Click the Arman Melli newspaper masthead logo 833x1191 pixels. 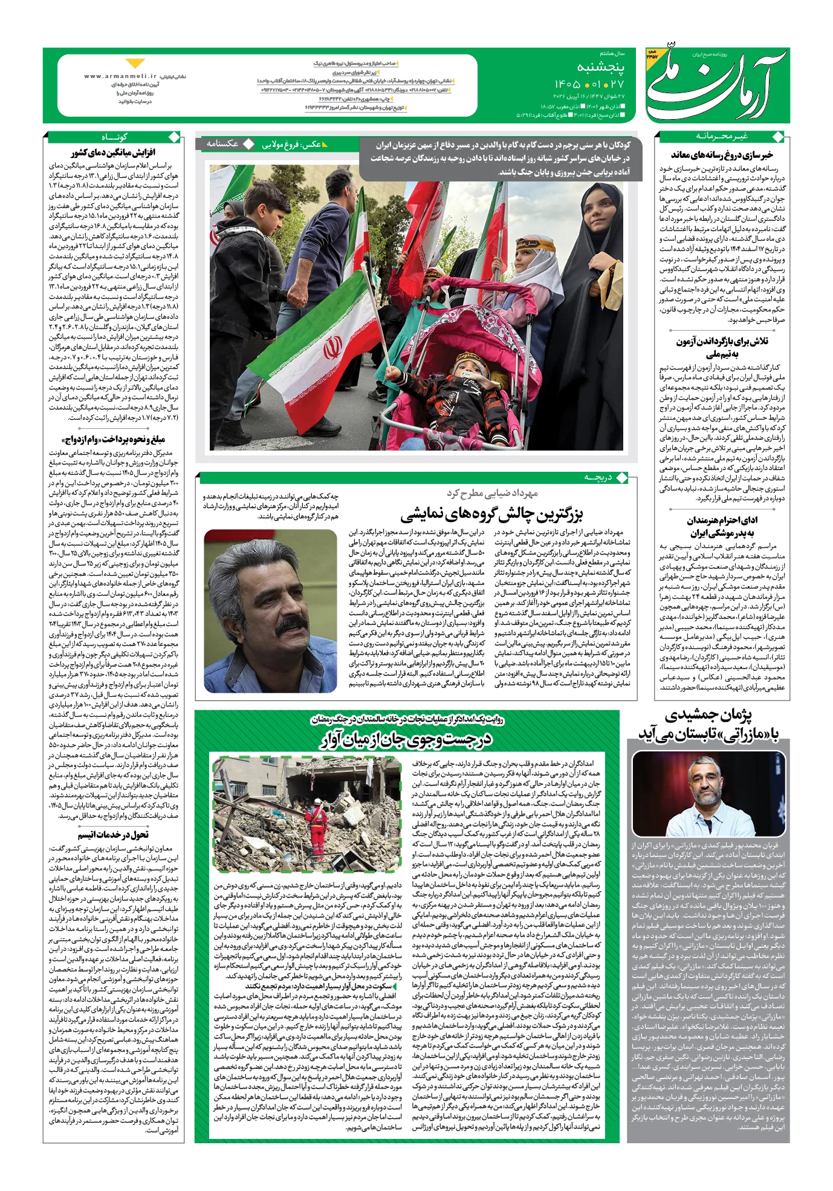(x=716, y=85)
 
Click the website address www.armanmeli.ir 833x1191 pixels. (x=120, y=77)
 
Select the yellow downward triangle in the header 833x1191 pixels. (x=135, y=64)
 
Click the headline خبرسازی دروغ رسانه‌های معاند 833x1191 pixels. (x=722, y=155)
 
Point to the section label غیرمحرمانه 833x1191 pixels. (x=722, y=136)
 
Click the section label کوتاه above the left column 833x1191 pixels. (x=114, y=136)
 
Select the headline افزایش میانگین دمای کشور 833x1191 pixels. (x=113, y=152)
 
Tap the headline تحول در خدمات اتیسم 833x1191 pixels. (x=113, y=834)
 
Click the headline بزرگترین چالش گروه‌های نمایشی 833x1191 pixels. (x=491, y=515)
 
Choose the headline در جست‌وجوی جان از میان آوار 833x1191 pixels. (x=406, y=739)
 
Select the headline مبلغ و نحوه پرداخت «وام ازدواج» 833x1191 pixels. (x=113, y=439)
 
